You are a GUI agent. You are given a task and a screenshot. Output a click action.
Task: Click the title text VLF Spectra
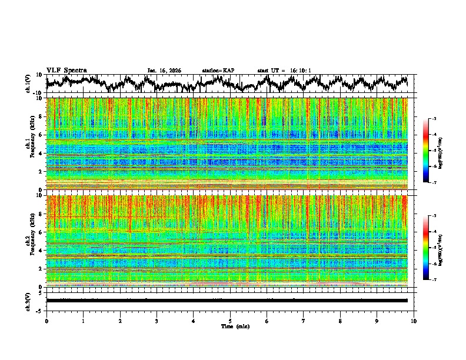66,70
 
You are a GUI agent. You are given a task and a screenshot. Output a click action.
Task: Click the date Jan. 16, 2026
164,71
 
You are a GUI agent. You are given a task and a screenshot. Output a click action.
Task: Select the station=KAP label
218,71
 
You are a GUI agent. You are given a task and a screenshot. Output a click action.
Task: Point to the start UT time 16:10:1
298,71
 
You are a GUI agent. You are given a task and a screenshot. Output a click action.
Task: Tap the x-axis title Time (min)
234,326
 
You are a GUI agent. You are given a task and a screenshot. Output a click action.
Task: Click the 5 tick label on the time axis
230,321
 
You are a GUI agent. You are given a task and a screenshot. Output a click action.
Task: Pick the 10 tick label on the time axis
414,321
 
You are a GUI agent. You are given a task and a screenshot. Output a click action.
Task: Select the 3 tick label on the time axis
157,321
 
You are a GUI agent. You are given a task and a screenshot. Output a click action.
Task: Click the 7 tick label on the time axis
304,321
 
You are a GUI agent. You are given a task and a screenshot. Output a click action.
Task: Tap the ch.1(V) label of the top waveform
28,84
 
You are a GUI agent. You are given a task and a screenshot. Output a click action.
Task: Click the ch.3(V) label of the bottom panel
28,300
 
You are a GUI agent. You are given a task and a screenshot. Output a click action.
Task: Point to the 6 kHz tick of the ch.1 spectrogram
40,135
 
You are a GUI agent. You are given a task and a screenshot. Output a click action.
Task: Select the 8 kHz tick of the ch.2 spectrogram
40,214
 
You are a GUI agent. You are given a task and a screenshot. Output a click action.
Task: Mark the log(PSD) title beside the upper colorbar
440,151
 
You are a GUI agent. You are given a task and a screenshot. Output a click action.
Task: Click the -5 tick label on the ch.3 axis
38,309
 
